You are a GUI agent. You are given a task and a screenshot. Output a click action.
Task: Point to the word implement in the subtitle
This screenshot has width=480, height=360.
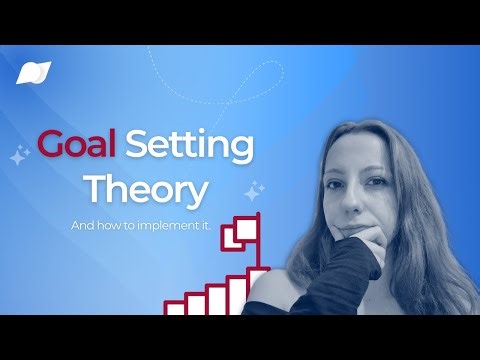pyautogui.click(x=162, y=227)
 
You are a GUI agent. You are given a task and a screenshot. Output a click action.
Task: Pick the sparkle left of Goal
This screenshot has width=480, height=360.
pyautogui.click(x=18, y=155)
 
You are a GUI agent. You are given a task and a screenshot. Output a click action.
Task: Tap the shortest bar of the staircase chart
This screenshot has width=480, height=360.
pyautogui.click(x=176, y=309)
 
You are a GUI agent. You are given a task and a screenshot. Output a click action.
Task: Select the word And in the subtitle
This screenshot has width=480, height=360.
pyautogui.click(x=81, y=227)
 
